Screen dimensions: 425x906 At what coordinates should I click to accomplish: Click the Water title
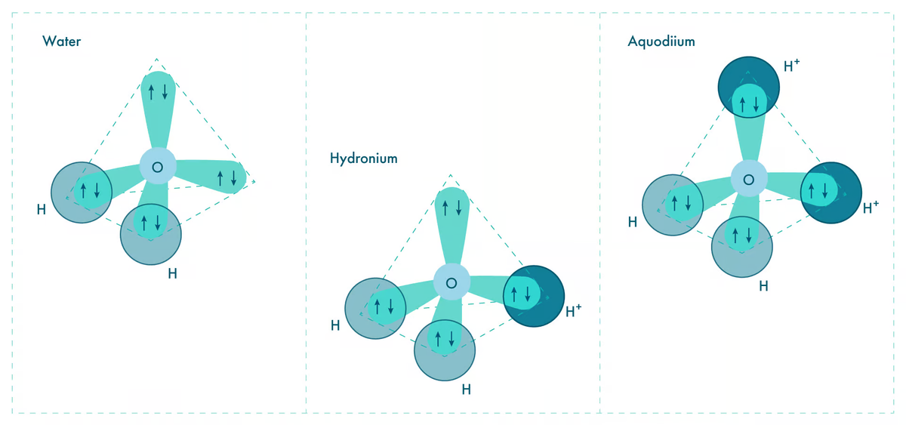point(62,42)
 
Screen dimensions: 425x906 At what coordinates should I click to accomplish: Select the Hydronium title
point(363,159)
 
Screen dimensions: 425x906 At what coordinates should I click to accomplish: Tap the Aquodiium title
point(661,42)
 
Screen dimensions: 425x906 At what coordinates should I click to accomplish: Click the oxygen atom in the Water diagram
point(158,167)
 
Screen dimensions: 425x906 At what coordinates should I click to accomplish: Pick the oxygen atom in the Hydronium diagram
point(451,283)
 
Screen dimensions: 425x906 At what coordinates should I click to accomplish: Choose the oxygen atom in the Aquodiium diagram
point(748,180)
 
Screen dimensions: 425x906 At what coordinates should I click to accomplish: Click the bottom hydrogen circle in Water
point(151,234)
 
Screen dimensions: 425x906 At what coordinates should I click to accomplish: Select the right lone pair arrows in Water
point(226,178)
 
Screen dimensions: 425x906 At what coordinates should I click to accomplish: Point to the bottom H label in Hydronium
point(467,390)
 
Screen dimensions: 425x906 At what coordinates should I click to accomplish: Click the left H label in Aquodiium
point(633,222)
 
